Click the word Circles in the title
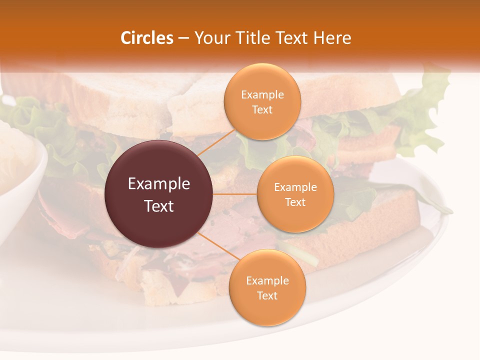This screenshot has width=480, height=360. (x=147, y=38)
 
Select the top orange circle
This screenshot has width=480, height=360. (x=262, y=101)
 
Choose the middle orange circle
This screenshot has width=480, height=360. (x=295, y=194)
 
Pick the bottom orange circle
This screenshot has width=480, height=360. (x=267, y=287)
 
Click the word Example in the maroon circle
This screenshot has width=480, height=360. (x=159, y=184)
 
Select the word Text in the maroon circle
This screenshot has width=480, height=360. (x=159, y=206)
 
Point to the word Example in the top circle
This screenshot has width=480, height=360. (x=262, y=95)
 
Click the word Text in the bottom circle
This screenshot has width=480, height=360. (x=267, y=295)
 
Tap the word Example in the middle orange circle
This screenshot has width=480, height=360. (x=295, y=187)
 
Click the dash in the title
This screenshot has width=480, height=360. (x=183, y=38)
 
